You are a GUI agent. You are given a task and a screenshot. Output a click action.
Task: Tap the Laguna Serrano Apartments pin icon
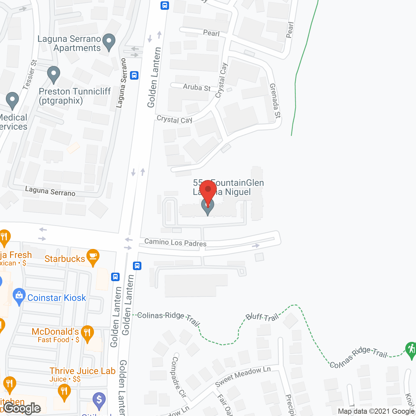pyautogui.click(x=109, y=42)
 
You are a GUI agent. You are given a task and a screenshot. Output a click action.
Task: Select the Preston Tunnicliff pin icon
pyautogui.click(x=54, y=74)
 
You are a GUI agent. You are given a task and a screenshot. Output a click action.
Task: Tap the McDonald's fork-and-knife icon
pyautogui.click(x=87, y=333)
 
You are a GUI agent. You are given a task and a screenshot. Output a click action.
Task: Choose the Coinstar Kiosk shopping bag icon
pyautogui.click(x=19, y=296)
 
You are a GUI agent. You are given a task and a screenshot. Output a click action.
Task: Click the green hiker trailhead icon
pyautogui.click(x=411, y=350)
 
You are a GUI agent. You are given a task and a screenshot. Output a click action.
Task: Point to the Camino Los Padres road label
pyautogui.click(x=175, y=242)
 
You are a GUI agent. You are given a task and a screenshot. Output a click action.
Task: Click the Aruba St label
pyautogui.click(x=197, y=87)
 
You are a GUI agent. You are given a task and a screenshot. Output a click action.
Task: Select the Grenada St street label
pyautogui.click(x=275, y=101)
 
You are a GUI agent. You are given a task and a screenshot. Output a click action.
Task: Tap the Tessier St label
pyautogui.click(x=30, y=75)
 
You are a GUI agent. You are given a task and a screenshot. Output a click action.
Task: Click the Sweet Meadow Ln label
pyautogui.click(x=243, y=376)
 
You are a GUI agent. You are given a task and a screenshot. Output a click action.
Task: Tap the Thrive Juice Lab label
pyautogui.click(x=83, y=371)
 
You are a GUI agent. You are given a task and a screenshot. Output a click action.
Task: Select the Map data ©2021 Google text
pyautogui.click(x=376, y=411)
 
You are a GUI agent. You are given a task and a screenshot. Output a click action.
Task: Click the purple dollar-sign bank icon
pyautogui.click(x=99, y=400)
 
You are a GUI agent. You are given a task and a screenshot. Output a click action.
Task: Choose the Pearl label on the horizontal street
pyautogui.click(x=211, y=33)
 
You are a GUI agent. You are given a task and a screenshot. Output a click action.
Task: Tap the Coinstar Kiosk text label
pyautogui.click(x=57, y=298)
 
